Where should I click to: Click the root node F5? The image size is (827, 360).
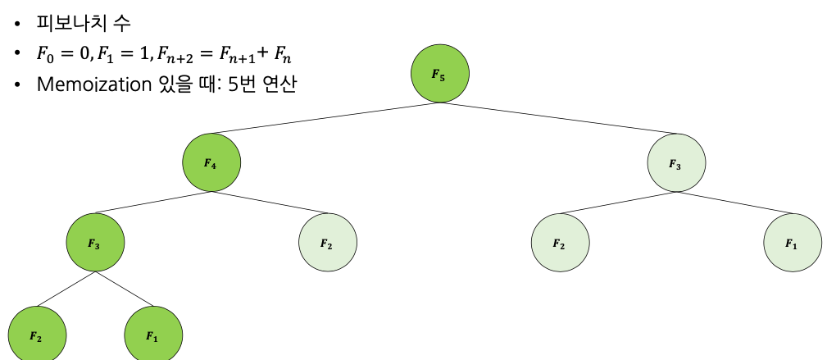(440, 74)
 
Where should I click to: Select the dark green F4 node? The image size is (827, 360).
(211, 162)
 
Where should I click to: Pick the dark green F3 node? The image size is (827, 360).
(95, 243)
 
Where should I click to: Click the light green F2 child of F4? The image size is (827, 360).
(327, 244)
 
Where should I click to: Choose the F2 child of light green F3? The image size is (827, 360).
(560, 244)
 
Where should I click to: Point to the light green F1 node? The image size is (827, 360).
(792, 244)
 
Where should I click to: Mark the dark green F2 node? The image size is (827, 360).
(37, 335)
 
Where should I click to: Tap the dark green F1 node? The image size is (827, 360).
(153, 335)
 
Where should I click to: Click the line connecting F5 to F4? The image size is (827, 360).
(326, 118)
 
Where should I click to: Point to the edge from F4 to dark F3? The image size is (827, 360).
(153, 203)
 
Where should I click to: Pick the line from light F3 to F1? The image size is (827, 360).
(734, 204)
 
